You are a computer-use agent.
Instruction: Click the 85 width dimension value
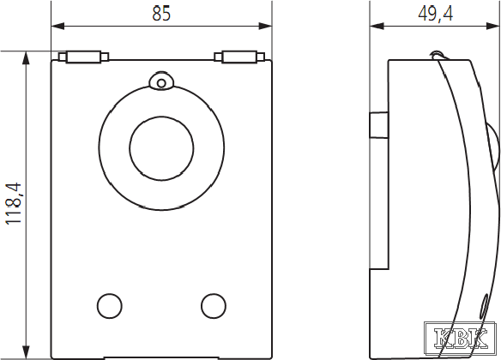161,14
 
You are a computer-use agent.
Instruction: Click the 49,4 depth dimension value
435,14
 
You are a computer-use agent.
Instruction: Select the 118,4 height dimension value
14,203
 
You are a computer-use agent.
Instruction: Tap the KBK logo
461,339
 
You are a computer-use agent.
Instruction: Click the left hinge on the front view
83,57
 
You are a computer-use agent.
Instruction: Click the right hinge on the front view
239,57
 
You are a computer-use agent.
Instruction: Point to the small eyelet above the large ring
161,81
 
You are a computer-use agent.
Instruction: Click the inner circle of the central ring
161,117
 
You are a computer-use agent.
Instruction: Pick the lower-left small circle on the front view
110,306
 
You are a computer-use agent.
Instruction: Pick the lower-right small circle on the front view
214,306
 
